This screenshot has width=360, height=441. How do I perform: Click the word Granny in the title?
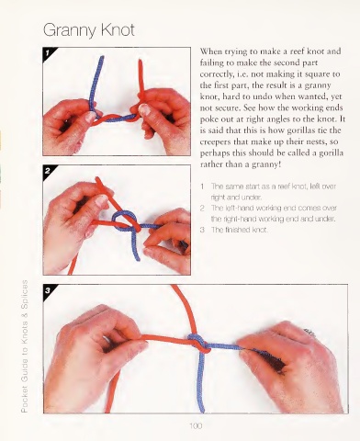pos(70,30)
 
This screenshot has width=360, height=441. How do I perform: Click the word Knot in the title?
pos(118,29)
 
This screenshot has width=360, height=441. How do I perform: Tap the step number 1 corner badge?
pos(49,53)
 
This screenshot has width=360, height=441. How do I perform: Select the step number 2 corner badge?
pos(49,171)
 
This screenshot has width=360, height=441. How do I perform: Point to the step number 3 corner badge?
pos(49,290)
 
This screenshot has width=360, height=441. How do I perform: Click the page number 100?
pos(196,425)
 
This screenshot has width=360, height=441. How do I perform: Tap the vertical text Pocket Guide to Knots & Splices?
pos(25,346)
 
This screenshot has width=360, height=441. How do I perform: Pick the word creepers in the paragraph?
pos(215,142)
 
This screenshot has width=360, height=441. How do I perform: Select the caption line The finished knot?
pos(240,230)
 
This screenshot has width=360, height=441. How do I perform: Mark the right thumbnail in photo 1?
pos(144,109)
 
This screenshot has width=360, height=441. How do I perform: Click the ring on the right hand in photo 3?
pos(309,333)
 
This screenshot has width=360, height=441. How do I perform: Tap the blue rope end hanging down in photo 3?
pos(200,383)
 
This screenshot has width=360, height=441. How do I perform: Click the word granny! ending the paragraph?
pos(266,164)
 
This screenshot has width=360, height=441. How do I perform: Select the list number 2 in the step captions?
pos(202,209)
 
